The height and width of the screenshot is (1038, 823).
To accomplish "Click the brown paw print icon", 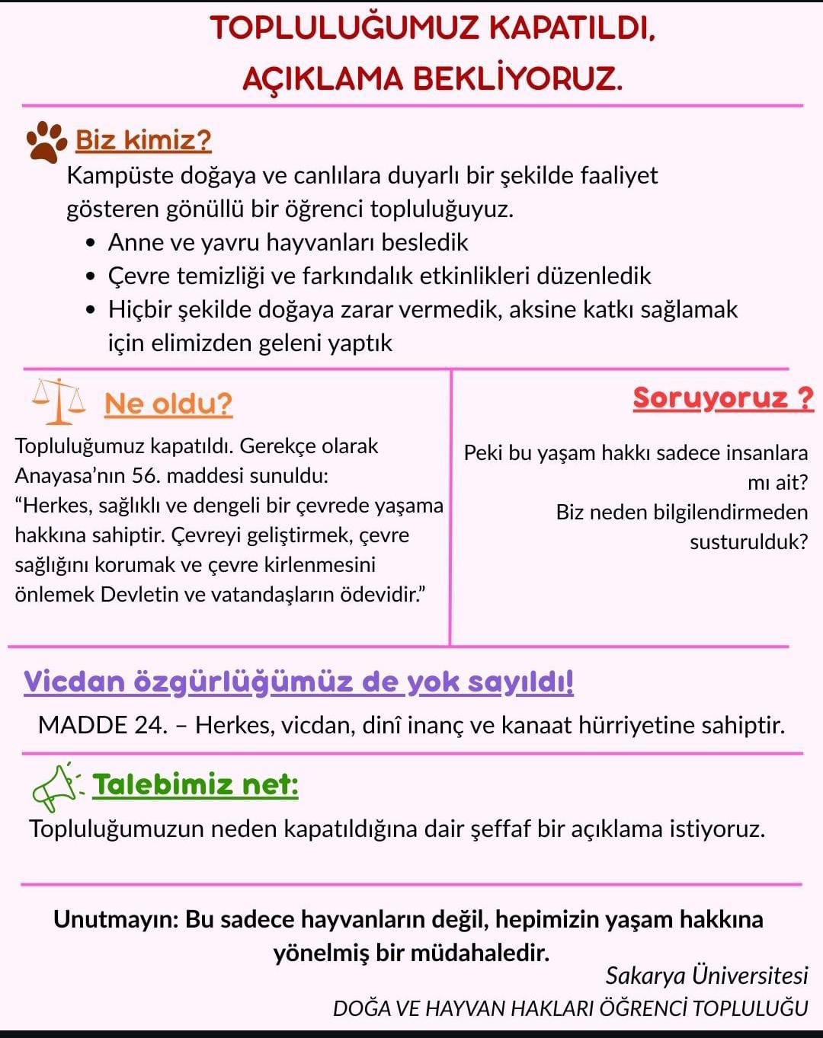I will pyautogui.click(x=46, y=142).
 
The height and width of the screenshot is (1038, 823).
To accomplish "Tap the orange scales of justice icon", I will pyautogui.click(x=59, y=401).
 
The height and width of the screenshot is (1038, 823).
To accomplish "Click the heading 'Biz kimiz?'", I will pyautogui.click(x=143, y=140).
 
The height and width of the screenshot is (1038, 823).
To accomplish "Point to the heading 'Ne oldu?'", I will pyautogui.click(x=168, y=404).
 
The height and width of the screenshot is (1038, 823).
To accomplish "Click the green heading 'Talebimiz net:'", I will pyautogui.click(x=196, y=784).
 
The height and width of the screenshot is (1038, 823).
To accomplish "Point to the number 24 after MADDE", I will pyautogui.click(x=151, y=725).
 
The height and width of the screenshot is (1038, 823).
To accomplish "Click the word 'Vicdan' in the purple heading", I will pyautogui.click(x=74, y=682).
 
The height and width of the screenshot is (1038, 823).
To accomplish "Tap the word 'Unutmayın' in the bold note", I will pyautogui.click(x=115, y=919).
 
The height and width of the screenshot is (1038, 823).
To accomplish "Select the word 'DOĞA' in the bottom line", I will pyautogui.click(x=362, y=1008).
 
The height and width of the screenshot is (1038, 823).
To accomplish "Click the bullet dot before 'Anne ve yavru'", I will pyautogui.click(x=92, y=243).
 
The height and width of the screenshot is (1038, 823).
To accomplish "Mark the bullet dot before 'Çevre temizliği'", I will pyautogui.click(x=92, y=276).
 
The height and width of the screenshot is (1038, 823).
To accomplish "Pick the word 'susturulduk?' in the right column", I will pyautogui.click(x=748, y=542).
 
